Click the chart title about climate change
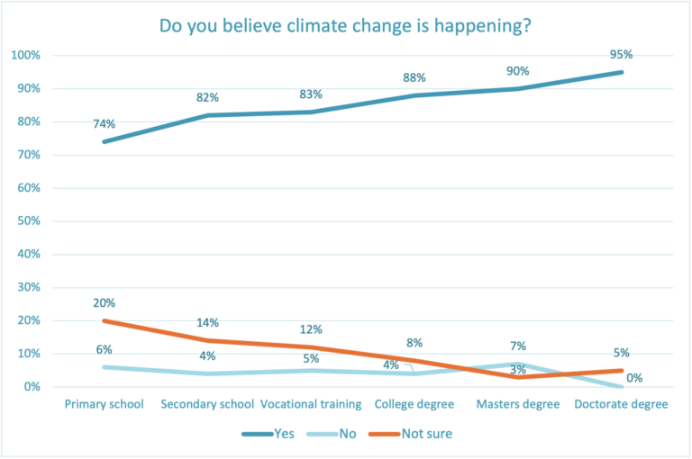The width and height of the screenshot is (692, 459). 345,24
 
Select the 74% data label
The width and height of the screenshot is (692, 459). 104,124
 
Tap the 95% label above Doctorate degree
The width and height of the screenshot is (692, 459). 621,54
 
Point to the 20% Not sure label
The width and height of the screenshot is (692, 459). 104,302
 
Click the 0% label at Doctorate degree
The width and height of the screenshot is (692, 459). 634,379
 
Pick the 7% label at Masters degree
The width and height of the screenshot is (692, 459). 518,346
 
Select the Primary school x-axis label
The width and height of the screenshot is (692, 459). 104,404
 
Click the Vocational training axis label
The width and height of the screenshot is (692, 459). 311,404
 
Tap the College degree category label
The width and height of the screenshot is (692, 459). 414,404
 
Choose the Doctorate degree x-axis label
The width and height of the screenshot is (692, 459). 621,404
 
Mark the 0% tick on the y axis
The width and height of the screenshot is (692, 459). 32,387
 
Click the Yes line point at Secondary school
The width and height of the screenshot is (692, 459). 207,115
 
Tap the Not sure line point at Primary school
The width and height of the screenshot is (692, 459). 104,320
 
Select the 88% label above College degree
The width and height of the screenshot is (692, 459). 414,76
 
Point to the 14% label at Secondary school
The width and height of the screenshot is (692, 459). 207,322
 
